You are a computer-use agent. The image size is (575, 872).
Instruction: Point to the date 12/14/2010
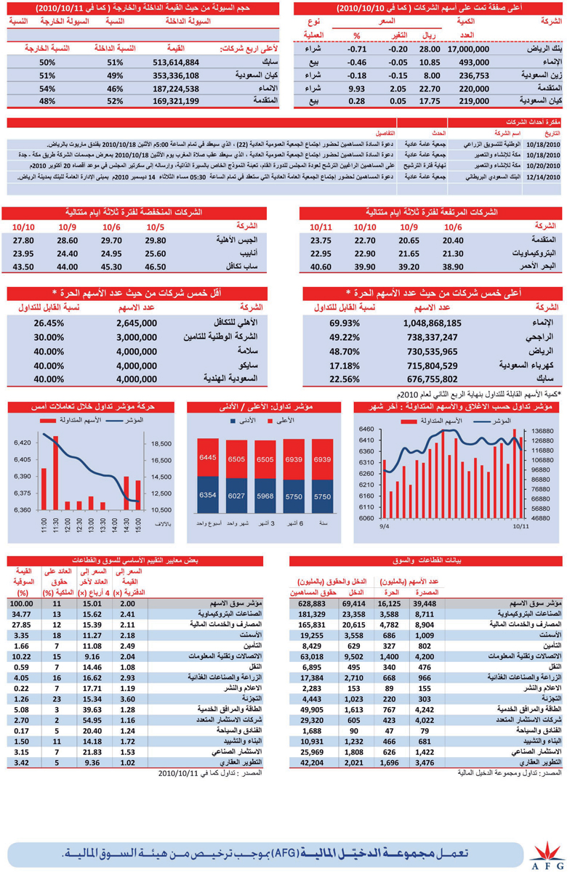[x=544, y=177]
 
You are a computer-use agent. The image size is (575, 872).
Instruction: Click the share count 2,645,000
[x=137, y=323]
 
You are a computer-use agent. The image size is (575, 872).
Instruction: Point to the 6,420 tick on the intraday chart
[x=22, y=443]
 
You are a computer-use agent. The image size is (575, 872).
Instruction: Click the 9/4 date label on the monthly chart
[x=383, y=525]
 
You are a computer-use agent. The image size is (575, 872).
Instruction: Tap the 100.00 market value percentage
[x=22, y=603]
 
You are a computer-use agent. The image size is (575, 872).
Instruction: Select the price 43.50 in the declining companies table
[x=23, y=267]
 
